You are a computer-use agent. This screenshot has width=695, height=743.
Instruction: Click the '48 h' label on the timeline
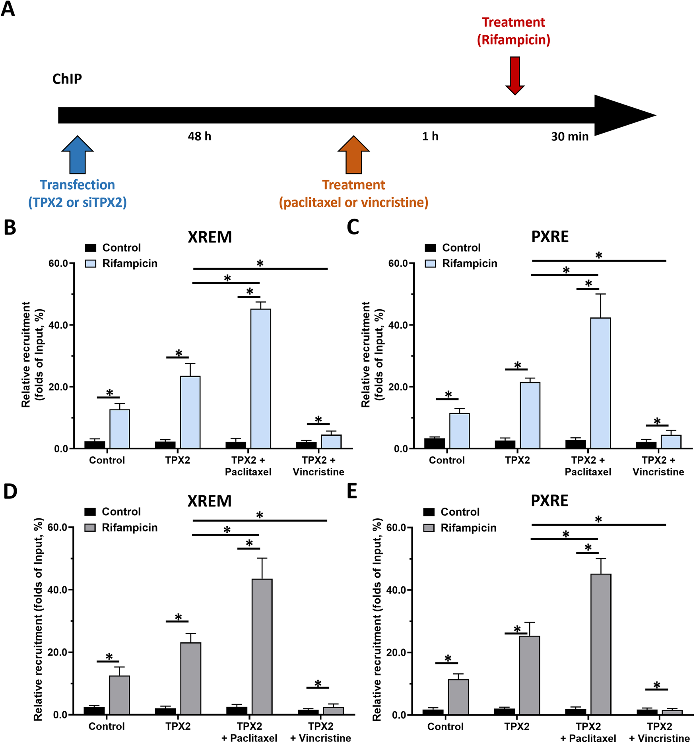click(x=200, y=136)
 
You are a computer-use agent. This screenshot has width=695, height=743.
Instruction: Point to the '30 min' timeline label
click(x=569, y=136)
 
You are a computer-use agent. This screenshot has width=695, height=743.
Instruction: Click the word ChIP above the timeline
click(x=67, y=79)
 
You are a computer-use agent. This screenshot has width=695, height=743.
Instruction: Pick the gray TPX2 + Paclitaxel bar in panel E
click(x=601, y=644)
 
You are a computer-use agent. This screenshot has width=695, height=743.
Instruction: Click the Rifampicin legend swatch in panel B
click(x=91, y=264)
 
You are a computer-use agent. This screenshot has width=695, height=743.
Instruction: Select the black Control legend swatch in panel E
click(x=429, y=512)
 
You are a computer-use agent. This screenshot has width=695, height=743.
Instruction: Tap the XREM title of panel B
click(x=210, y=237)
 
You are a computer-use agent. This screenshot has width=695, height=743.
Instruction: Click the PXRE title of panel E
click(x=549, y=501)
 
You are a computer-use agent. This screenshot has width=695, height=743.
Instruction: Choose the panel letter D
click(x=10, y=492)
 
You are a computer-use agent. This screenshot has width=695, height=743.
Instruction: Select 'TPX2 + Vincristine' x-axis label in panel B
click(x=318, y=466)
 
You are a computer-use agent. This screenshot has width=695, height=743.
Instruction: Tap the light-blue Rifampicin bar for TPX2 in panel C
click(x=530, y=415)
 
